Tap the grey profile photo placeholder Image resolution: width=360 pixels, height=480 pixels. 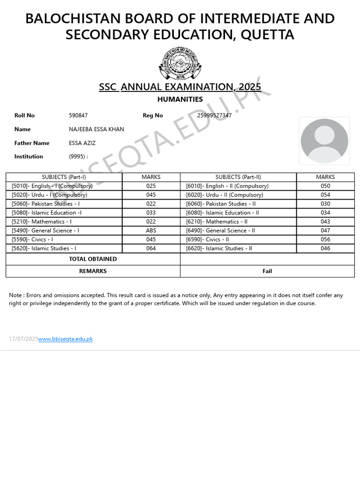point(324,141)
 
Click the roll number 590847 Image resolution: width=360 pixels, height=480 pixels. point(78,115)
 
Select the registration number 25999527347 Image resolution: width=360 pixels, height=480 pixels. point(214,115)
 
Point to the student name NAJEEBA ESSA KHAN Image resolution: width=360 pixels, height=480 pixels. point(97,129)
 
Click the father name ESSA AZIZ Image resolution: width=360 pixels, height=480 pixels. point(82,143)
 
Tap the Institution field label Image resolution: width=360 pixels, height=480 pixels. point(29,157)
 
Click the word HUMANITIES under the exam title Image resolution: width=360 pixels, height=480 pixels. point(180,99)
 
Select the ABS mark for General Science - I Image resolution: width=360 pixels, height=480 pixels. point(151,231)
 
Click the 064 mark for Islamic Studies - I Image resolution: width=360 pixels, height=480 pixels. point(151,248)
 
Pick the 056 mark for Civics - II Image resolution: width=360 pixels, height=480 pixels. point(325,240)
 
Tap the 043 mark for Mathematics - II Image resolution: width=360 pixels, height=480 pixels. point(325,222)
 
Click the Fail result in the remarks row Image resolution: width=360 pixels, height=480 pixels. point(267,271)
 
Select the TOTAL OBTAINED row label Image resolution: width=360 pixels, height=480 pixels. point(93,259)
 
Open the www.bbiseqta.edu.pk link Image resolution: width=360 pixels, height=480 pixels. point(65,339)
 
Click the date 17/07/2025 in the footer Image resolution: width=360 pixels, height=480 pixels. point(23,339)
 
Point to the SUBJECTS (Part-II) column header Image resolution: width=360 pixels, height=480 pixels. point(238,177)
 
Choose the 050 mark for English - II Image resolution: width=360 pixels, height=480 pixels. point(325,186)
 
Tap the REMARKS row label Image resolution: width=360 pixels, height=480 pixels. point(93,271)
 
